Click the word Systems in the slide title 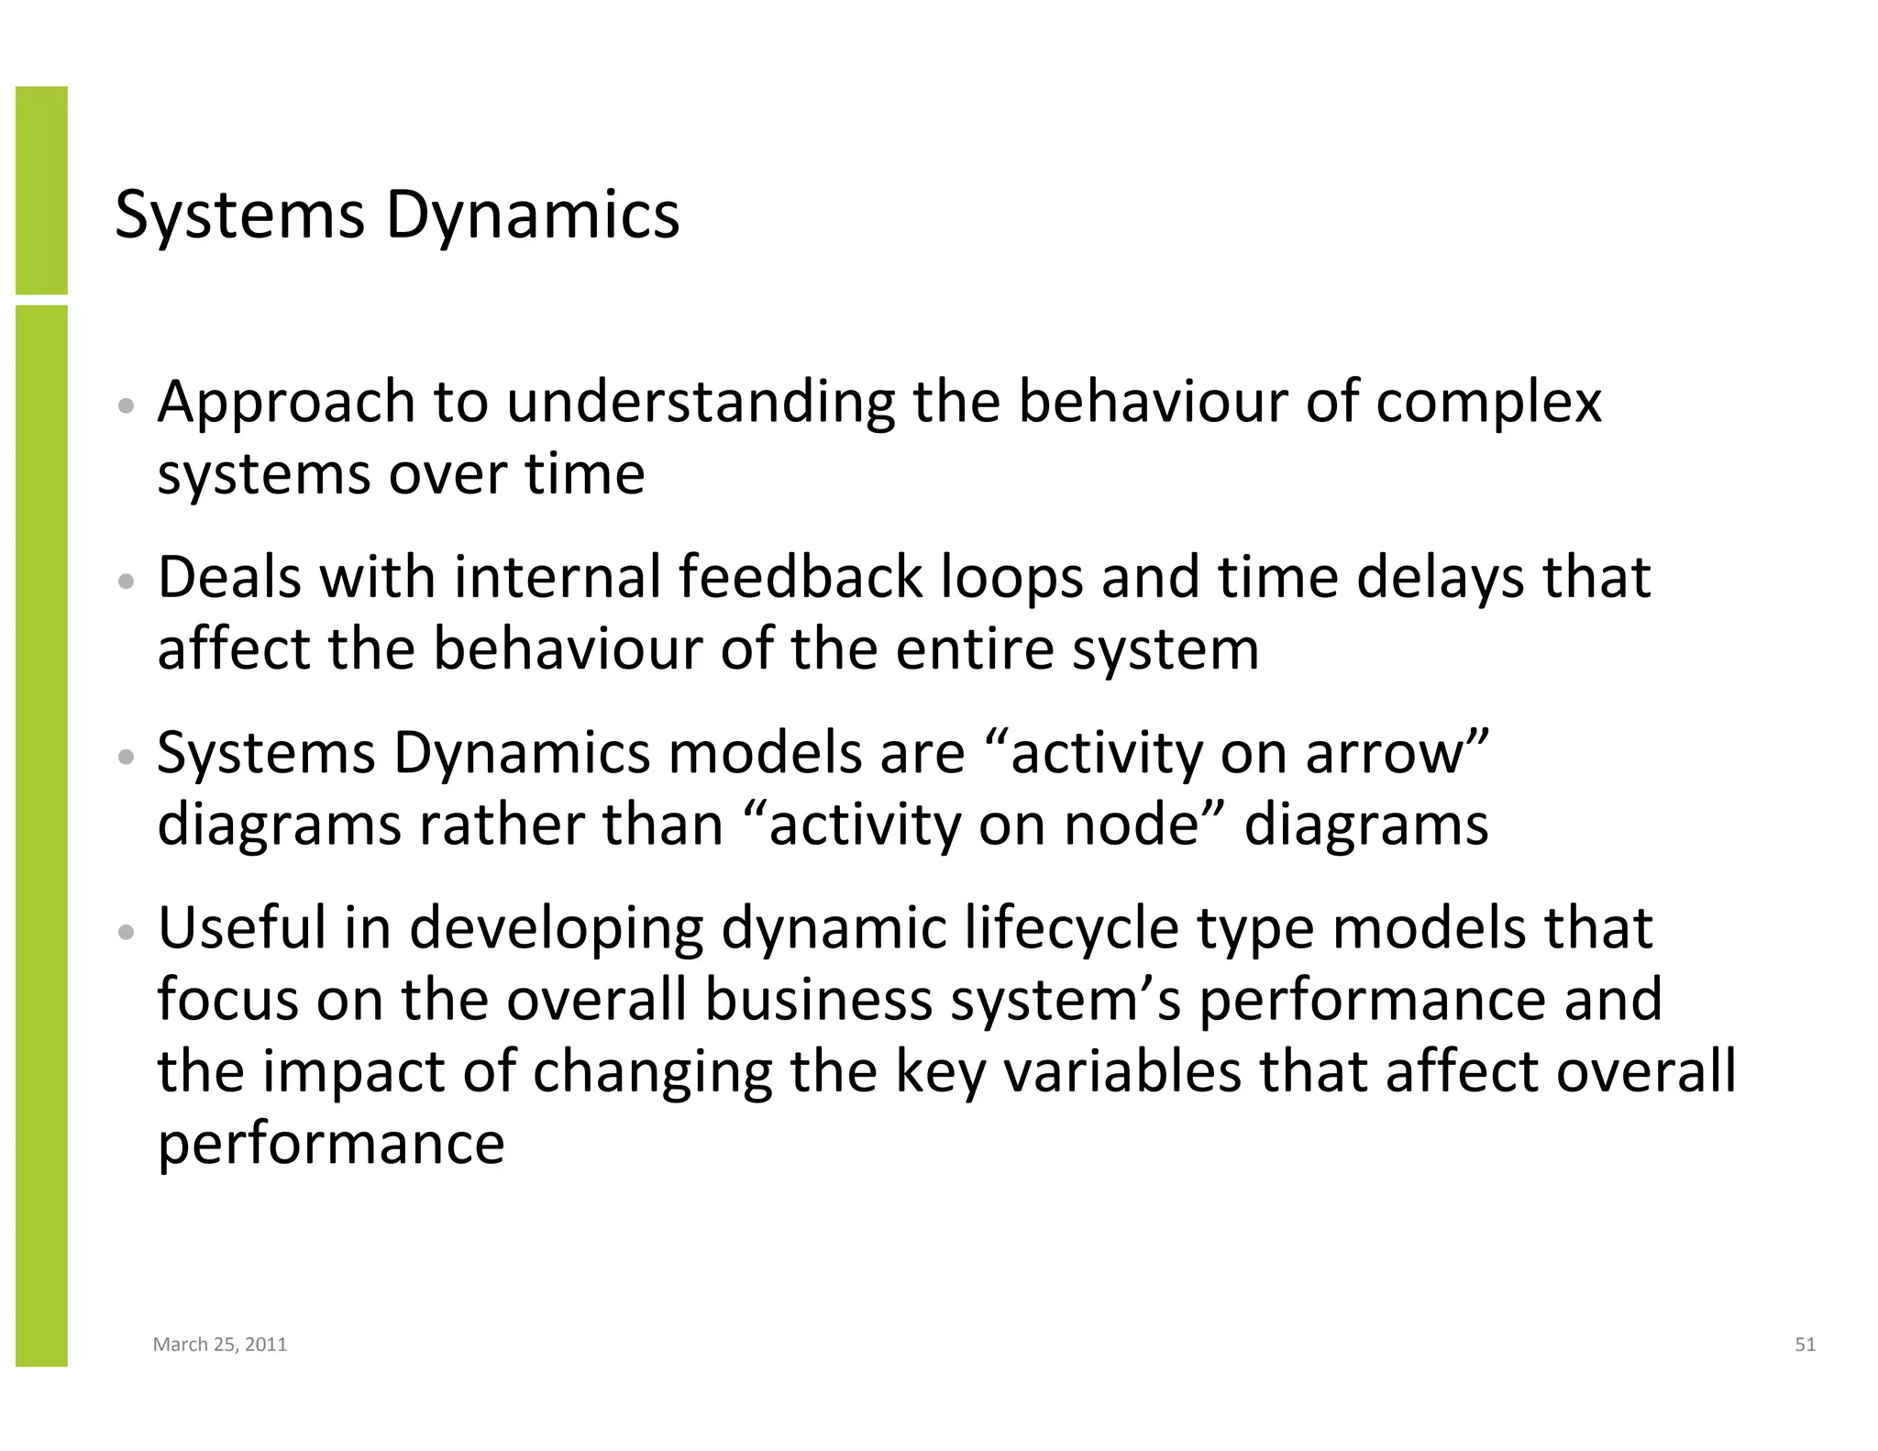click(239, 216)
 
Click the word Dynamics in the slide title click(532, 216)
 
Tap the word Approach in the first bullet click(286, 404)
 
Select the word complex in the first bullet click(1488, 404)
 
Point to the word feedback click(801, 578)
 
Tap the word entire click(975, 649)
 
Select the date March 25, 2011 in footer click(220, 1345)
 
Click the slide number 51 click(1805, 1345)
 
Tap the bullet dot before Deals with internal click(127, 582)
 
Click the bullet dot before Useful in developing click(127, 932)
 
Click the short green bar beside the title click(41, 190)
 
